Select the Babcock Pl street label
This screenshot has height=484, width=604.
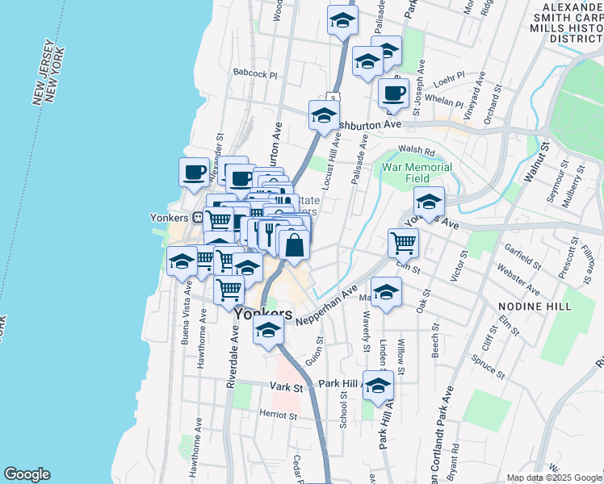(255, 73)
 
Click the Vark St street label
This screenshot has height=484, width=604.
(286, 387)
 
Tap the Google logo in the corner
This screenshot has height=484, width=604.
(27, 474)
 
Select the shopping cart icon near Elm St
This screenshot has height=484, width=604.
(403, 241)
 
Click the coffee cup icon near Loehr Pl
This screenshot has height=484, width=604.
(393, 92)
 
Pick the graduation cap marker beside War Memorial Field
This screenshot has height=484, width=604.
(429, 201)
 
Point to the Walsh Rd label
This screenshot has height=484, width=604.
(417, 150)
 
